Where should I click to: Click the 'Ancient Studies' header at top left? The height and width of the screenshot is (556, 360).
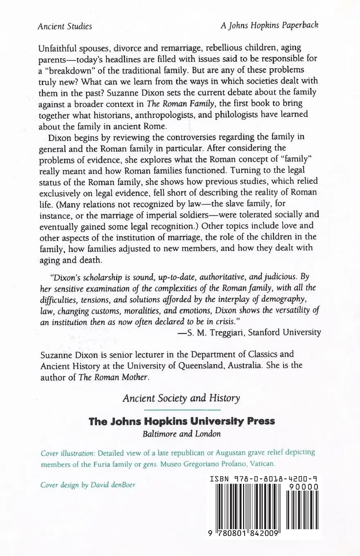[x=65, y=26]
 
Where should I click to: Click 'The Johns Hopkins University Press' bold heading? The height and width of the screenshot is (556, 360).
[x=182, y=421]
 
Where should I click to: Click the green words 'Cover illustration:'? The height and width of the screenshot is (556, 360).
[x=68, y=453]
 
